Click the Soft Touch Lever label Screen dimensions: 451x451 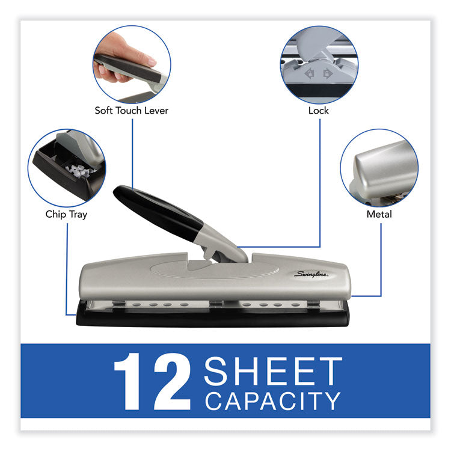(131, 111)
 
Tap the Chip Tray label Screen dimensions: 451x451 (66, 214)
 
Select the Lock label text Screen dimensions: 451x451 (319, 111)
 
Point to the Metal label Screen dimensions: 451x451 (379, 214)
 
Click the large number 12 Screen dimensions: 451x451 (152, 382)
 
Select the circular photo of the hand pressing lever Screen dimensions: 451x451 (132, 63)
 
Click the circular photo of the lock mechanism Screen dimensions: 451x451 (319, 63)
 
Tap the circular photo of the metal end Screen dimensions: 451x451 (379, 168)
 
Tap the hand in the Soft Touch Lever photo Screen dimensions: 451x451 (123, 51)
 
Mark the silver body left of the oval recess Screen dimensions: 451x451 (114, 271)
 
